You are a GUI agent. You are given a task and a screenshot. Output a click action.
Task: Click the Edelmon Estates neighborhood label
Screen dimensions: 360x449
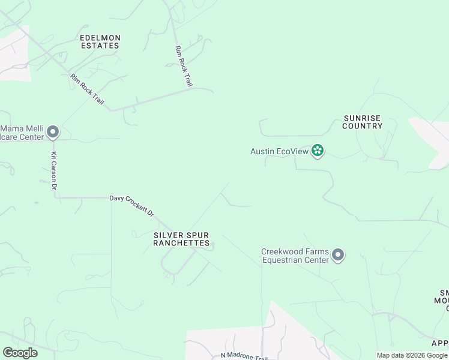pyautogui.click(x=100, y=41)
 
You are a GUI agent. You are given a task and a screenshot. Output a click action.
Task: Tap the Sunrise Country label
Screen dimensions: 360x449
pyautogui.click(x=363, y=122)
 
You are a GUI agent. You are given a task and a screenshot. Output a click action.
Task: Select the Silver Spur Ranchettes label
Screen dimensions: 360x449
pyautogui.click(x=181, y=239)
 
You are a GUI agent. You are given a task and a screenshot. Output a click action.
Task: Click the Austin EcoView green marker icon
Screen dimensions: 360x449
pyautogui.click(x=318, y=151)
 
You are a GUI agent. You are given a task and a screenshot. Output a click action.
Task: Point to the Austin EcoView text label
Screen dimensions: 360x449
pyautogui.click(x=279, y=152)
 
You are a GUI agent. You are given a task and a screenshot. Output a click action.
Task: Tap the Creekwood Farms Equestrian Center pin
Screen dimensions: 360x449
pyautogui.click(x=338, y=256)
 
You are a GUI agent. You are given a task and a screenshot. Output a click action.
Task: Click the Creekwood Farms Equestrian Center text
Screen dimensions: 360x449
pyautogui.click(x=295, y=256)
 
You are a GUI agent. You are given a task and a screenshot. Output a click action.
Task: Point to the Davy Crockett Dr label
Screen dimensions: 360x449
pyautogui.click(x=131, y=206)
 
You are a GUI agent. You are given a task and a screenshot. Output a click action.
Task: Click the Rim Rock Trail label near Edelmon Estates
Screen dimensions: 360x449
pyautogui.click(x=87, y=89)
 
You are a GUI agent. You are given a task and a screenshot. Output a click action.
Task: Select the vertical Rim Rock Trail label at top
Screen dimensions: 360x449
pyautogui.click(x=183, y=67)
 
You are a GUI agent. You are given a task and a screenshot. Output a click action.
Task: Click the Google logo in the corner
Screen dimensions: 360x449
pyautogui.click(x=20, y=353)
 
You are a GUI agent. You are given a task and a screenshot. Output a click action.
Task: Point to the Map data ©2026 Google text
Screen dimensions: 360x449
pyautogui.click(x=412, y=355)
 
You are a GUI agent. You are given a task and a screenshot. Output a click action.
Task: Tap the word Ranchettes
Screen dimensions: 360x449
pyautogui.click(x=181, y=243)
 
